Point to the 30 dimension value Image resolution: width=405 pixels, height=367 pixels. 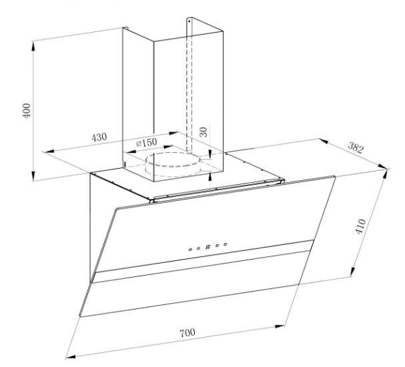click(204, 131)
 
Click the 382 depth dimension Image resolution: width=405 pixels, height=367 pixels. click(356, 149)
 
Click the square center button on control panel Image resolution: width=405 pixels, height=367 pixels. click(208, 246)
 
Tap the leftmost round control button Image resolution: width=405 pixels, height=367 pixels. click(190, 249)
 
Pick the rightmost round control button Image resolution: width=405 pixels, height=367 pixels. click(225, 244)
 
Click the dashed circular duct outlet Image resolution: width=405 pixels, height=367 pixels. click(173, 163)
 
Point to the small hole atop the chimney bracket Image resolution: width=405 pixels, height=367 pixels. click(189, 21)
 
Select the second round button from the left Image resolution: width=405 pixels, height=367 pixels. click(198, 248)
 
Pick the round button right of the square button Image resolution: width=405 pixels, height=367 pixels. click(217, 245)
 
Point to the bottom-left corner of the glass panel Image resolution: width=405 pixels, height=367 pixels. click(81, 316)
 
